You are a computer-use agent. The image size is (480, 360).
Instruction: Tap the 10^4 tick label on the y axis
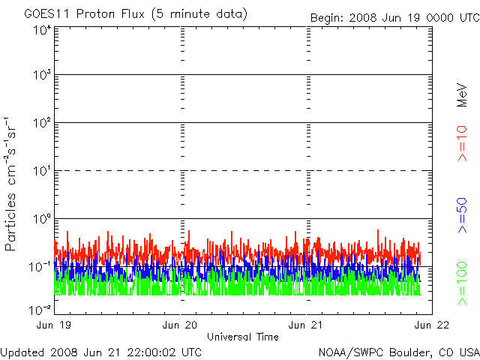(42, 30)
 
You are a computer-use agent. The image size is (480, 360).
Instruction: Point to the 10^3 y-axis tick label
(42, 75)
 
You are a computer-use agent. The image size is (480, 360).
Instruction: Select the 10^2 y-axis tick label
(42, 123)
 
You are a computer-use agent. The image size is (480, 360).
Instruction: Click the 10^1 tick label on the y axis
(42, 171)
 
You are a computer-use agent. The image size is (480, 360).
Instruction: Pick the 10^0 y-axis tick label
(42, 219)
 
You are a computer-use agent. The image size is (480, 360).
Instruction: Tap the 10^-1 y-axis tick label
(40, 267)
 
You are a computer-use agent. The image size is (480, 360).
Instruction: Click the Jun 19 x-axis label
(55, 325)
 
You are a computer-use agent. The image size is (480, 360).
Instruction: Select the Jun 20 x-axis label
(181, 325)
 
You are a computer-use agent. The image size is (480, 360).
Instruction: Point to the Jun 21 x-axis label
(307, 325)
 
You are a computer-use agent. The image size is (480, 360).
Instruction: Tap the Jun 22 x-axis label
(432, 325)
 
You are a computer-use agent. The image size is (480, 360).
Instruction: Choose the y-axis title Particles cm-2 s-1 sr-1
(13, 184)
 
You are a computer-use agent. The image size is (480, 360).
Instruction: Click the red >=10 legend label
(463, 144)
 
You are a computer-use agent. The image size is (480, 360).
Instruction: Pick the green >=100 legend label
(463, 283)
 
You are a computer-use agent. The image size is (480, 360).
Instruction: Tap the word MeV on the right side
(463, 94)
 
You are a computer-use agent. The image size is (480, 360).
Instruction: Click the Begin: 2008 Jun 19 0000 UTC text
(394, 17)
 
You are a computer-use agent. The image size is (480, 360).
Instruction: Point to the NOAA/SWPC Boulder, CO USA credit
(398, 352)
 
